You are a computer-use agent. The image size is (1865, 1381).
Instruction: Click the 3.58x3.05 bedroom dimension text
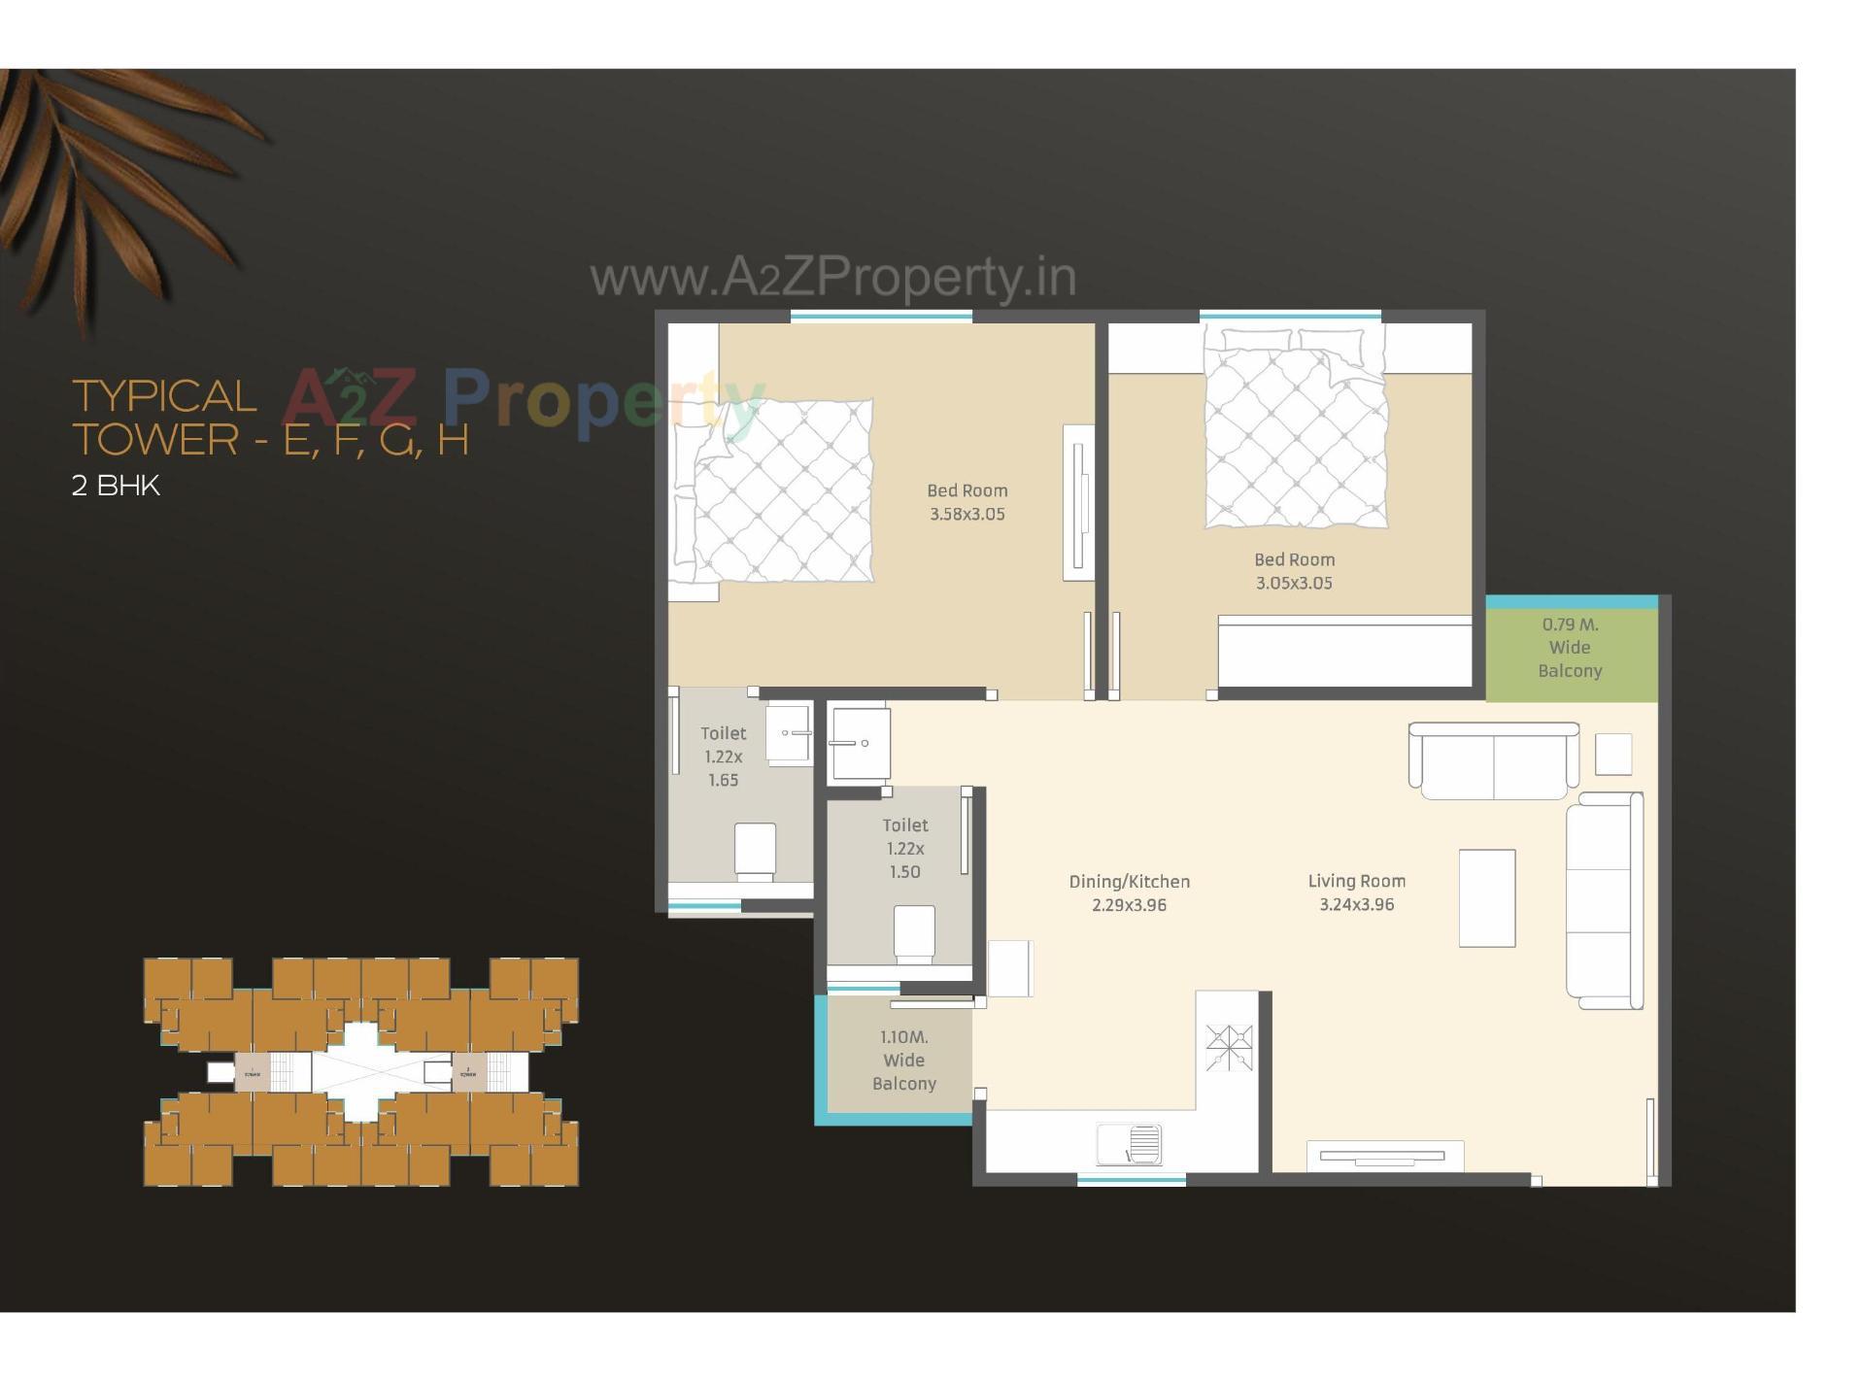point(966,515)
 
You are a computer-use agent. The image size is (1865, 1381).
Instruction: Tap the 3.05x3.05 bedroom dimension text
point(1294,584)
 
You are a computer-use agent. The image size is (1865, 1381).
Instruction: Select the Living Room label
point(1356,881)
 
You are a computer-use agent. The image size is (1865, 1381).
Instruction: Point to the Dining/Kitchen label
point(1129,882)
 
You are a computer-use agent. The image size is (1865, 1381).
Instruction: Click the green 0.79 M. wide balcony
point(1570,649)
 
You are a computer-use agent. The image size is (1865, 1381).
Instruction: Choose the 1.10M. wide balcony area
point(903,1061)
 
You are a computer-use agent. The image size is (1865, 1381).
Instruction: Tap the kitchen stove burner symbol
point(1229,1048)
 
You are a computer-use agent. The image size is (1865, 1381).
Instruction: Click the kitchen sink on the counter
point(1130,1144)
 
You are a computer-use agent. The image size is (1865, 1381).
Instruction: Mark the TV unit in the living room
point(1382,1156)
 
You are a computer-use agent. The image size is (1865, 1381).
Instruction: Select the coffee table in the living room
point(1487,897)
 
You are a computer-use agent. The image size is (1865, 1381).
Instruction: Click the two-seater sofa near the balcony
point(1494,759)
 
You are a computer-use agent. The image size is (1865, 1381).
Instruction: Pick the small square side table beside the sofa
point(1612,754)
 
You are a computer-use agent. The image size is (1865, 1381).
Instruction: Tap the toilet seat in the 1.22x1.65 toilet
point(755,852)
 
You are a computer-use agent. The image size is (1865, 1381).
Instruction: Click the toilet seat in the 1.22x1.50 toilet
point(913,933)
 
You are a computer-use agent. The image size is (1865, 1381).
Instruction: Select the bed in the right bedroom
point(1295,427)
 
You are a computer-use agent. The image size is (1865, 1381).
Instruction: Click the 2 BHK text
point(116,486)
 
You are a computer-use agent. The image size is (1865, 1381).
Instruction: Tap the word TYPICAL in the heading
point(164,396)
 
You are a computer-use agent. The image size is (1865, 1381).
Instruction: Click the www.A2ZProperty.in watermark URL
point(832,278)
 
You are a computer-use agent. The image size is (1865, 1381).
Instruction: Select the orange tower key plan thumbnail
point(361,1072)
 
